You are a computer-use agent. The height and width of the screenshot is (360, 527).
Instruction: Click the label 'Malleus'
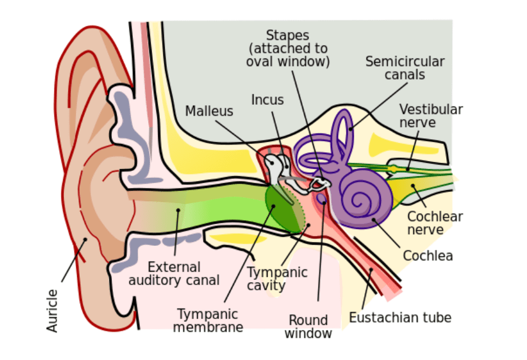point(209,111)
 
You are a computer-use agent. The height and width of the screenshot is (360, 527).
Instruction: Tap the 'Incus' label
point(268,100)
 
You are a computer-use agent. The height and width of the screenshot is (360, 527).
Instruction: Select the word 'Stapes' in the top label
point(288,36)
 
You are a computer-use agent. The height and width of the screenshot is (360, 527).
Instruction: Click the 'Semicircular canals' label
point(405,68)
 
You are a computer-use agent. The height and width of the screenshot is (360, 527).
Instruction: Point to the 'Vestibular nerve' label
point(431,116)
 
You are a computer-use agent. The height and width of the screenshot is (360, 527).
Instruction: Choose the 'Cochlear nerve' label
point(434,223)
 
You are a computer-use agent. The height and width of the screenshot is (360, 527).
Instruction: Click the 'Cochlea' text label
point(427,256)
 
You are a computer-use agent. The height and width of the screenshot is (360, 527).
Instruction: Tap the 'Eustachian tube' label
point(400,318)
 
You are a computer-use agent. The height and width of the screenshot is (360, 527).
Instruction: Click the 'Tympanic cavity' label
point(277,279)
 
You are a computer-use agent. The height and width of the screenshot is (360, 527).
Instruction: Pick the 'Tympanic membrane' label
point(208,320)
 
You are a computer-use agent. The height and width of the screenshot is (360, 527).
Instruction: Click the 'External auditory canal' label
point(174,274)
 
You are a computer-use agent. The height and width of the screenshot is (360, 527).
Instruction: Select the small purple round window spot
point(321,199)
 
